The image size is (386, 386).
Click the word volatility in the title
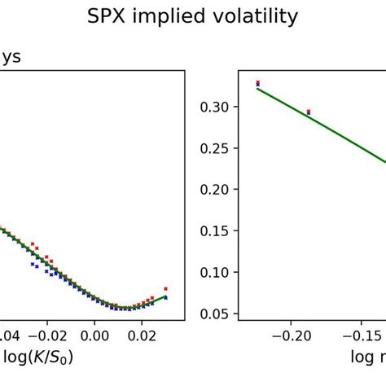click(x=258, y=16)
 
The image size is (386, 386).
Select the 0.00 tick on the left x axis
click(x=94, y=335)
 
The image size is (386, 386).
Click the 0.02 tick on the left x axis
click(x=142, y=335)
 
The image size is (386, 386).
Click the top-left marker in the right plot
click(x=258, y=83)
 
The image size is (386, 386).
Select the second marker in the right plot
click(x=308, y=112)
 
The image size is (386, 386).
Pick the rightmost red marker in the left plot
click(x=165, y=288)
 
